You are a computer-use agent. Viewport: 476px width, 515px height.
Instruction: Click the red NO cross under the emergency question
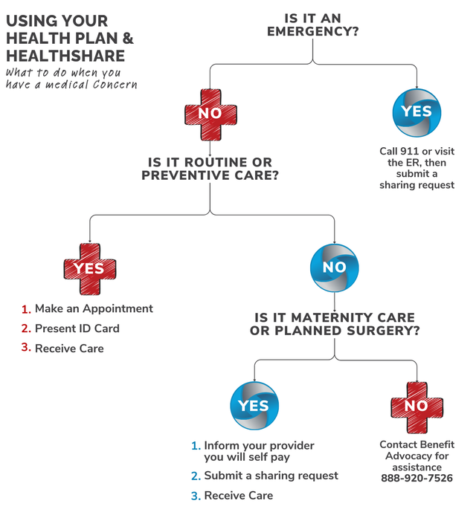pyautogui.click(x=210, y=114)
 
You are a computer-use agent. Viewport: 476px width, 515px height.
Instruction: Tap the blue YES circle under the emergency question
pyautogui.click(x=416, y=113)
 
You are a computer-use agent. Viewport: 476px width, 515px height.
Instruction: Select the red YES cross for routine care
pyautogui.click(x=90, y=269)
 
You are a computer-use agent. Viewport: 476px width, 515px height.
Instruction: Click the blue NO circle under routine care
pyautogui.click(x=335, y=268)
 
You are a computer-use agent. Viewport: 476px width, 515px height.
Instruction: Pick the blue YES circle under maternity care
pyautogui.click(x=254, y=406)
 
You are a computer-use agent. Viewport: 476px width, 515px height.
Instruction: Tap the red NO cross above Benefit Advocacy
pyautogui.click(x=416, y=407)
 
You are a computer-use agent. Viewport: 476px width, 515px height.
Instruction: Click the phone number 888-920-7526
pyautogui.click(x=416, y=478)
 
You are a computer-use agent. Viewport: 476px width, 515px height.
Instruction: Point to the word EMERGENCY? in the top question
pyautogui.click(x=312, y=31)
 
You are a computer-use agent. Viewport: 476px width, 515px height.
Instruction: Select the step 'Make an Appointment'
pyautogui.click(x=94, y=308)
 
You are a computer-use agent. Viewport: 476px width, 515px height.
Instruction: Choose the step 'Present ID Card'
pyautogui.click(x=77, y=328)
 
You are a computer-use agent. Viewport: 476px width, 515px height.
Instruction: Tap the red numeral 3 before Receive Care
pyautogui.click(x=25, y=348)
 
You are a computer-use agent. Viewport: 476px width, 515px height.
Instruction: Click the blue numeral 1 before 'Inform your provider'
pyautogui.click(x=196, y=446)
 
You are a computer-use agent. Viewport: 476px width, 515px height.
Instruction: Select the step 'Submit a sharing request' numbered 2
pyautogui.click(x=271, y=476)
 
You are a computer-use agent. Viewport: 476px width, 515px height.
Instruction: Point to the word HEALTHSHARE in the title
pyautogui.click(x=65, y=56)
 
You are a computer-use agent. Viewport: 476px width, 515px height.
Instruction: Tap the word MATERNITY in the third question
pyautogui.click(x=332, y=317)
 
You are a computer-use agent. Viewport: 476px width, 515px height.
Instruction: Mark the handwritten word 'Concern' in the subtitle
pyautogui.click(x=115, y=85)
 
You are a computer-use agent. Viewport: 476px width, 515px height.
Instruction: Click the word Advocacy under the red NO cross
pyautogui.click(x=416, y=456)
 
